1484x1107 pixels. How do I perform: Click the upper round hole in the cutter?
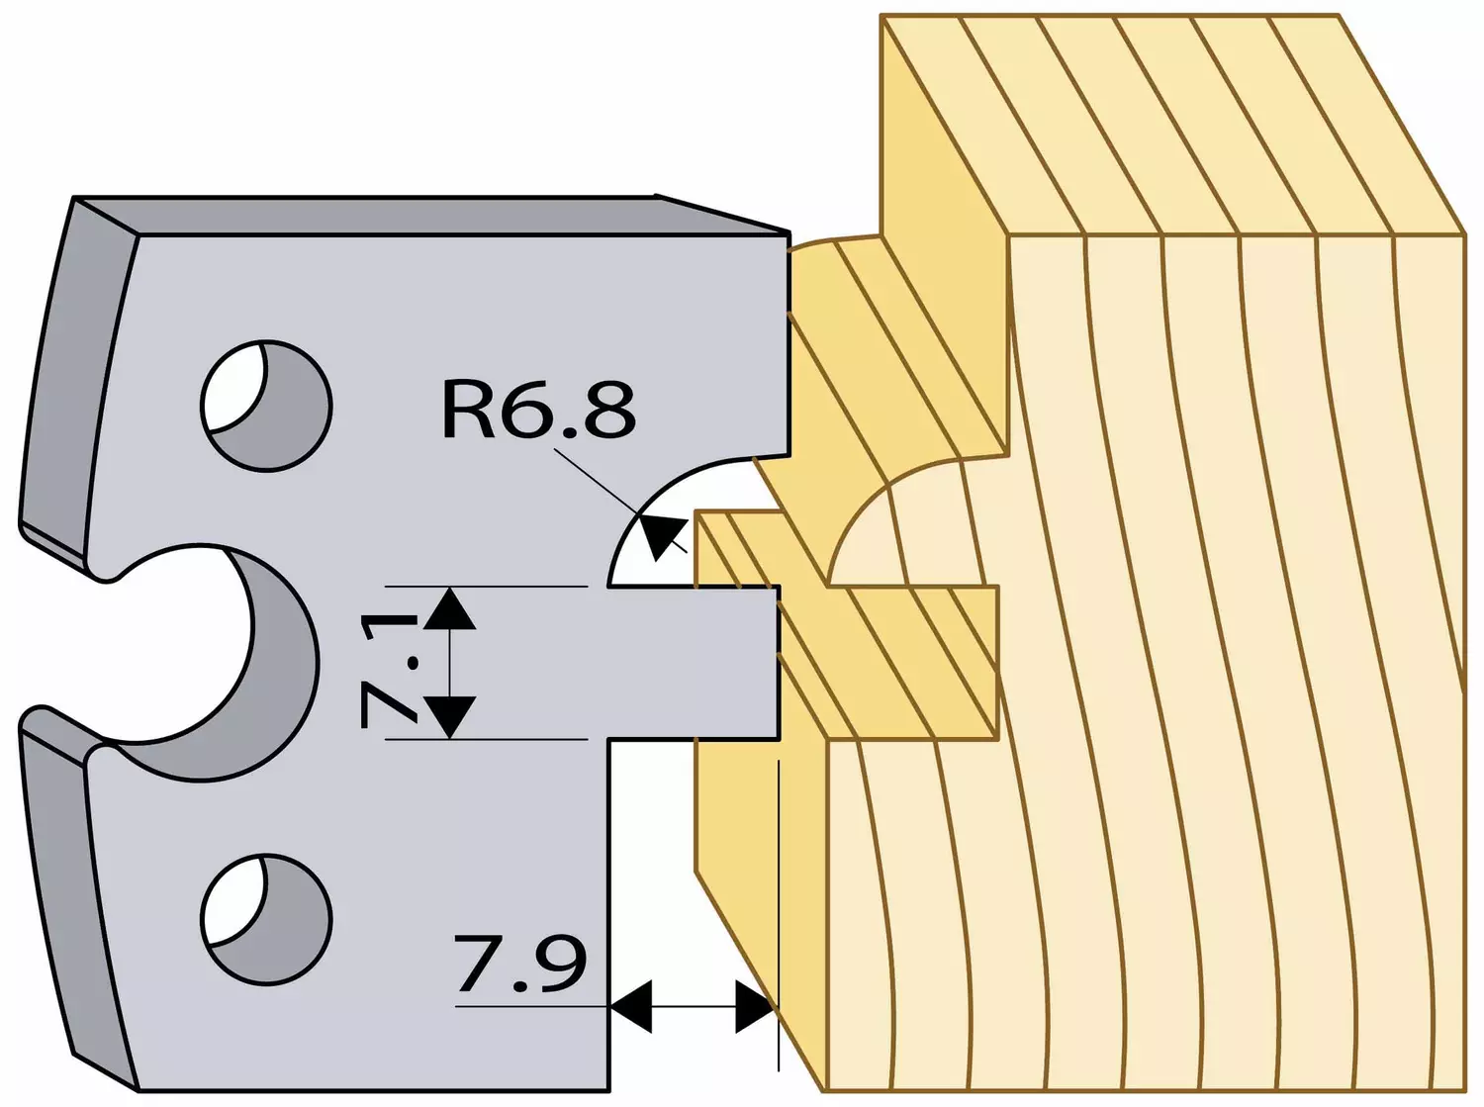click(266, 406)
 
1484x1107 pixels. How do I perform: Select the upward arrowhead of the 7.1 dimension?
click(450, 607)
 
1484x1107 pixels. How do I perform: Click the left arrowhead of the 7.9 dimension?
click(631, 1007)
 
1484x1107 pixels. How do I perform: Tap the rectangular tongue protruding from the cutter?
click(693, 663)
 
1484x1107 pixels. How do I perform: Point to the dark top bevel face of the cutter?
click(432, 217)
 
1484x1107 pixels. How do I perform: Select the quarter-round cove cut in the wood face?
click(906, 520)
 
